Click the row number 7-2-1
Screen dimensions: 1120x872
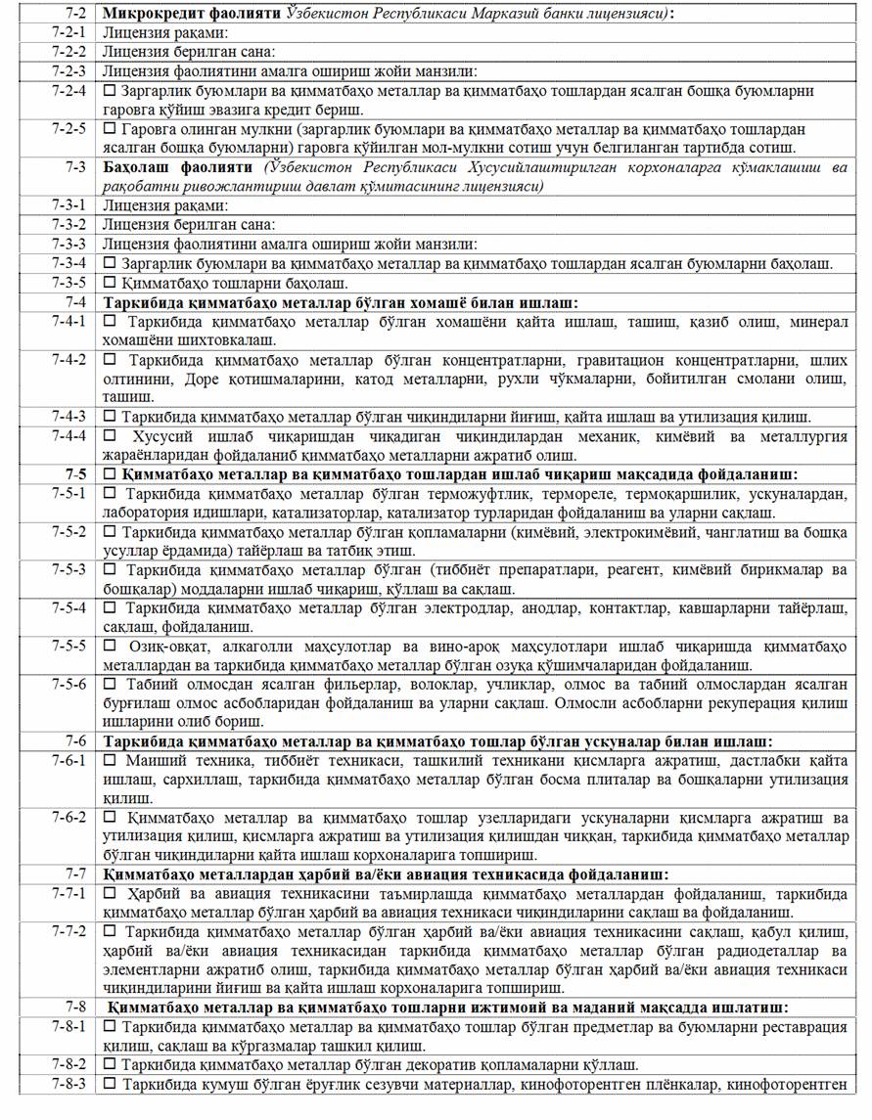(69, 32)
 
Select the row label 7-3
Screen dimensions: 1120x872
(74, 167)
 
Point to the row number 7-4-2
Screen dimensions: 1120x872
(69, 360)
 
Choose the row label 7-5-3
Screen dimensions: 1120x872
(69, 569)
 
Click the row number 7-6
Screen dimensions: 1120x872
(74, 741)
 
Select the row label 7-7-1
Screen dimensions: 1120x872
(69, 894)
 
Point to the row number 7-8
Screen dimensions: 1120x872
(74, 1008)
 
